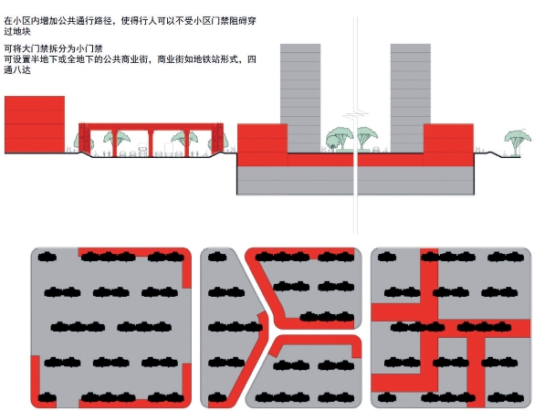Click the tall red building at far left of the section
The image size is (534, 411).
pos(35,124)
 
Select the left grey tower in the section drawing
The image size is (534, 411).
pos(300,98)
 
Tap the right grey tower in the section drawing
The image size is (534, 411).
pos(411,98)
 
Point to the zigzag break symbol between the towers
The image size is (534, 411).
pos(356,114)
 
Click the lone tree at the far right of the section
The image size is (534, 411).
pos(517,142)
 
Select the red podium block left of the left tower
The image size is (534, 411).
pos(262,145)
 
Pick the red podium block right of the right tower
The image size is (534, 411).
pos(448,145)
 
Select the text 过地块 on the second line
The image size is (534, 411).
pos(17,32)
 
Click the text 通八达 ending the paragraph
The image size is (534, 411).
pos(17,70)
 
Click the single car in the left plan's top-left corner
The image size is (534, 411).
pos(47,257)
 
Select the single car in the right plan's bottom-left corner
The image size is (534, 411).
pos(387,397)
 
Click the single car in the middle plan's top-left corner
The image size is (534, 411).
pos(217,257)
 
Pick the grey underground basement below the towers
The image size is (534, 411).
pos(356,180)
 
